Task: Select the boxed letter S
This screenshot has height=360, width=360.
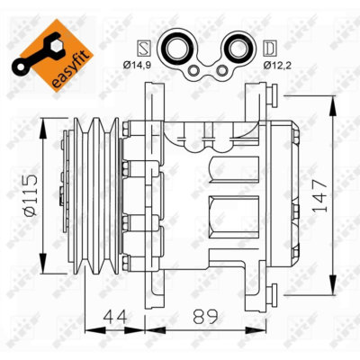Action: coord(141,45)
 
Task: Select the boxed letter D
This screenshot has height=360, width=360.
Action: coord(270,45)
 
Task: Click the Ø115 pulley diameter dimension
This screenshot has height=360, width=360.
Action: coord(27,193)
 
